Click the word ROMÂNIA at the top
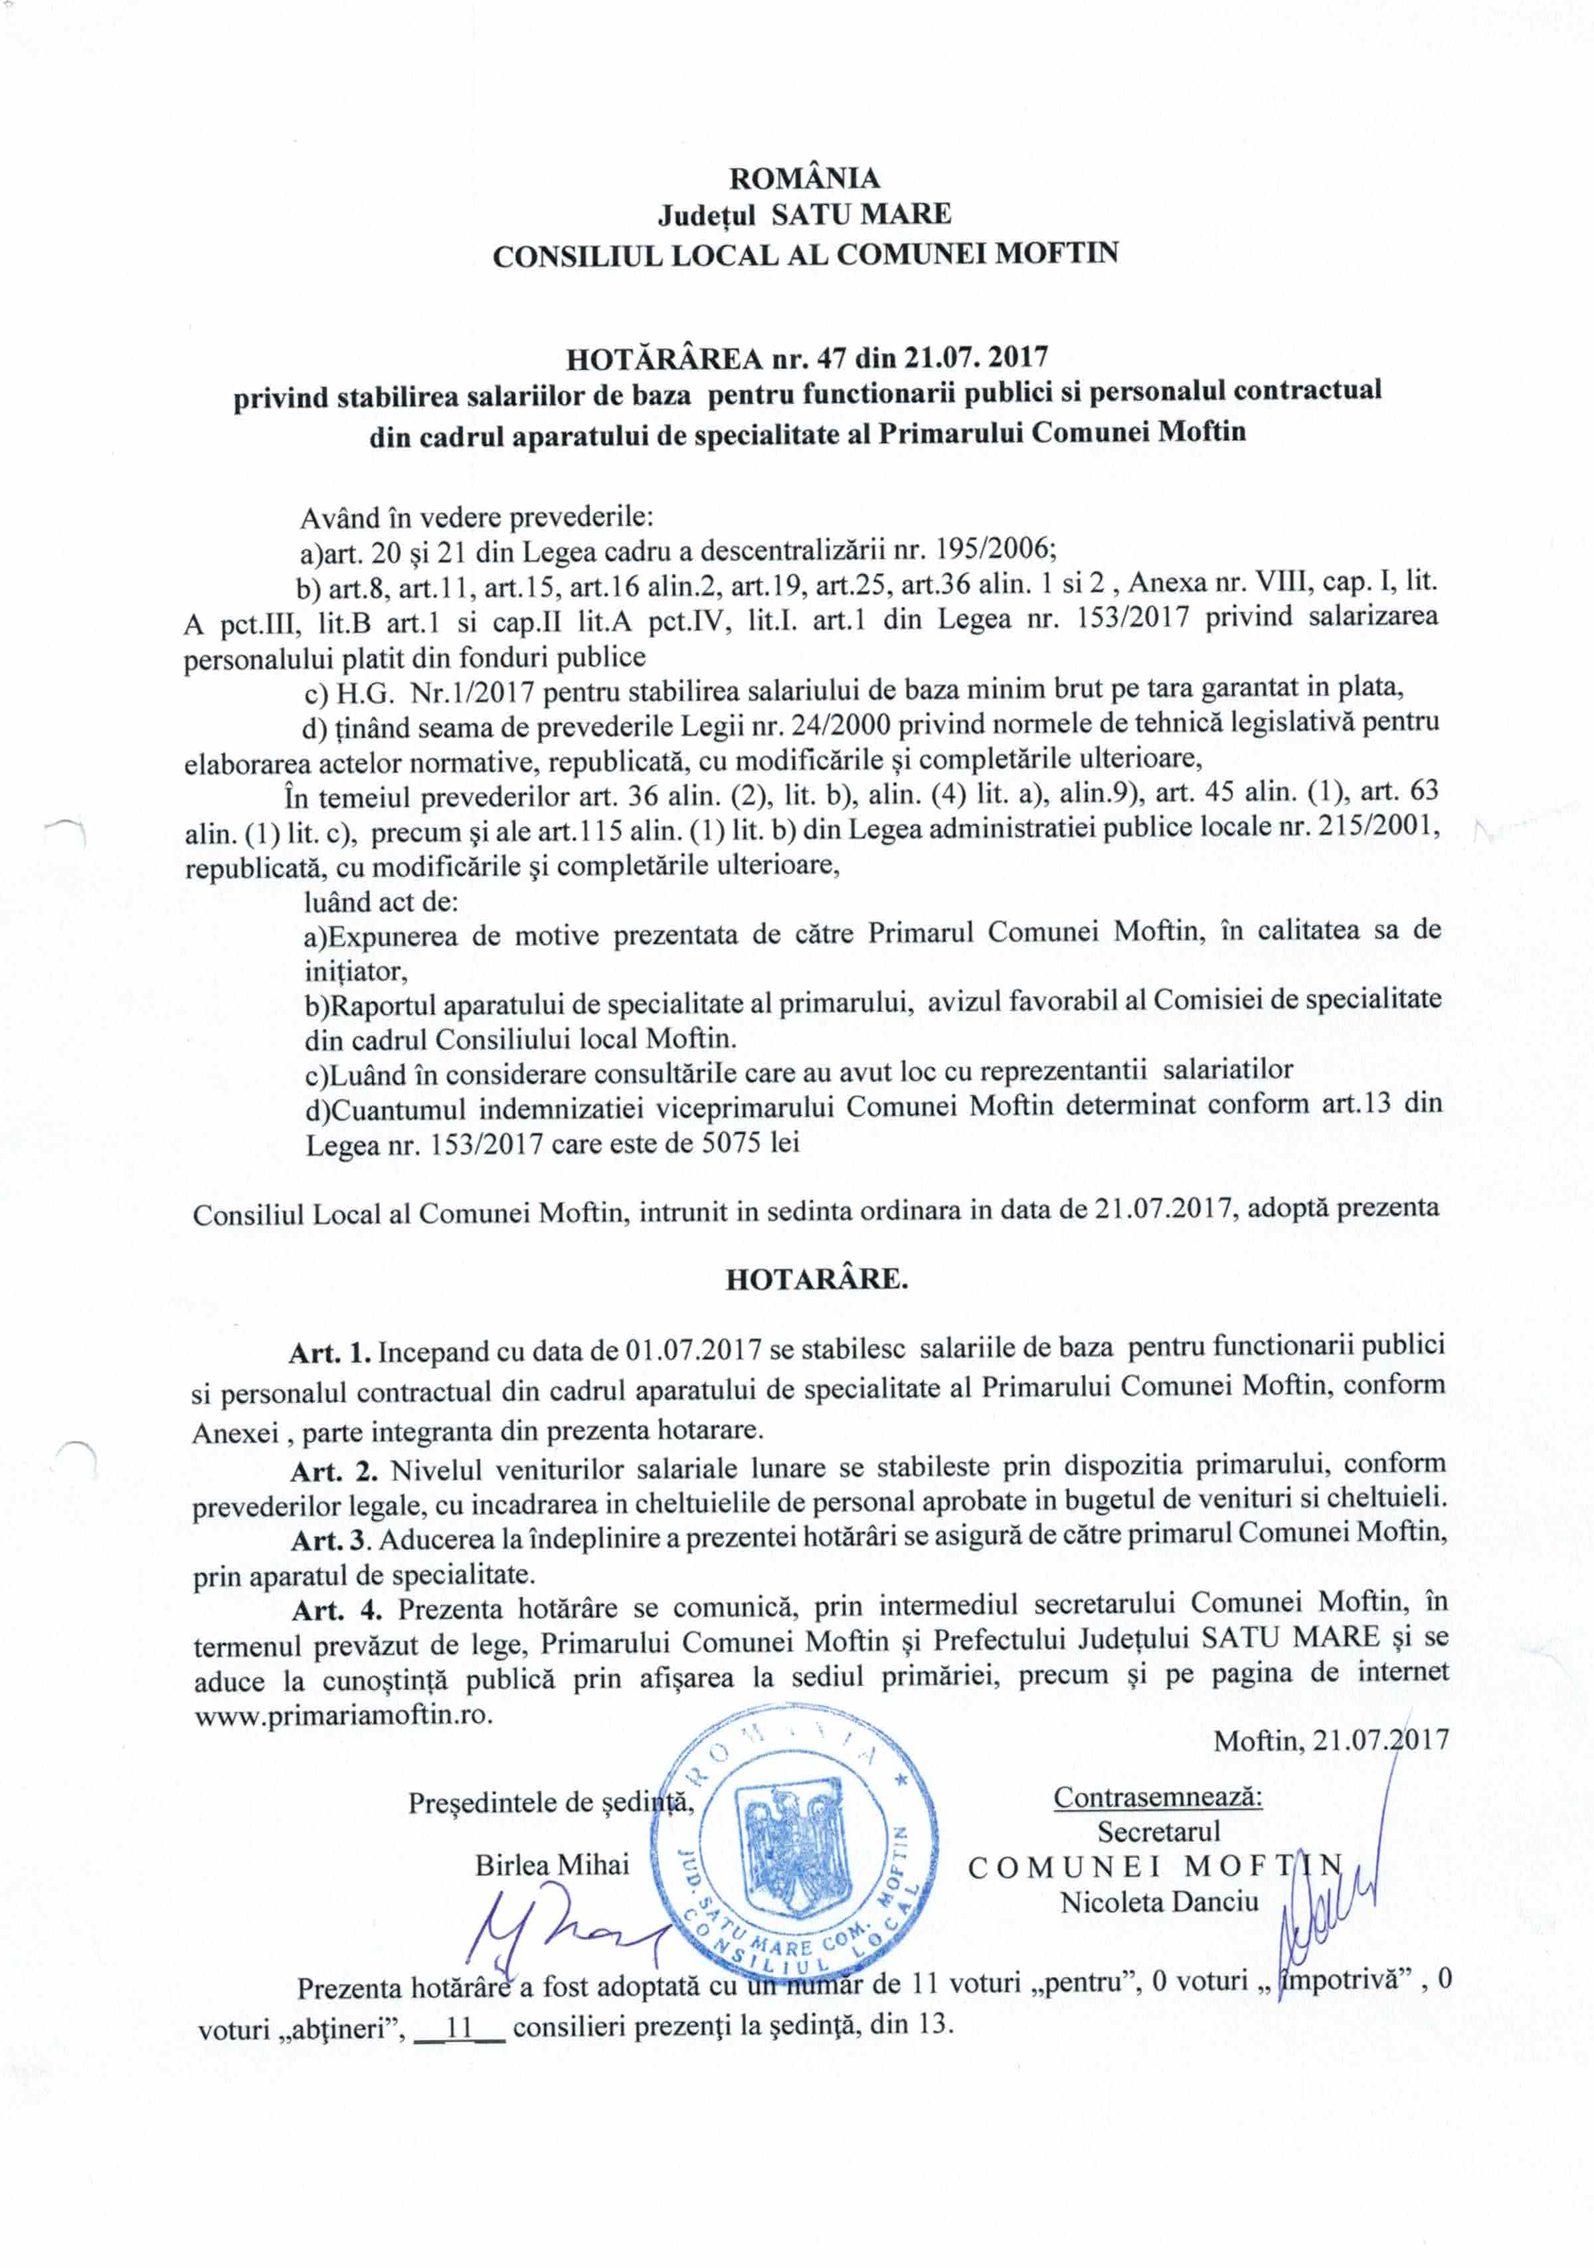click(x=804, y=178)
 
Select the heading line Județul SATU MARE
click(x=804, y=215)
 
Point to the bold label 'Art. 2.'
click(x=335, y=1471)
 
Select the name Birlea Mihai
click(x=551, y=1865)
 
